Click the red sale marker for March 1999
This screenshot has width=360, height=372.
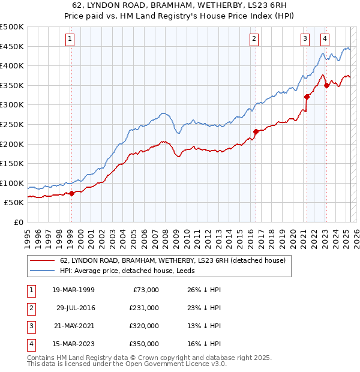click(71, 193)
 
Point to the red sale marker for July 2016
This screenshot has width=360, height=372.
click(256, 131)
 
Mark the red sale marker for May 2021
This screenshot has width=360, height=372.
click(307, 97)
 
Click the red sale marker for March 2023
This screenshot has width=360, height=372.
click(326, 85)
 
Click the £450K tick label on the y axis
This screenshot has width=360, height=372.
click(12, 46)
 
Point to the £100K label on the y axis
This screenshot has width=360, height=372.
click(12, 183)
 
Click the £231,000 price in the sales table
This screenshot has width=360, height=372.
click(145, 308)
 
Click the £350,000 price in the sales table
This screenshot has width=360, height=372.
click(145, 344)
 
